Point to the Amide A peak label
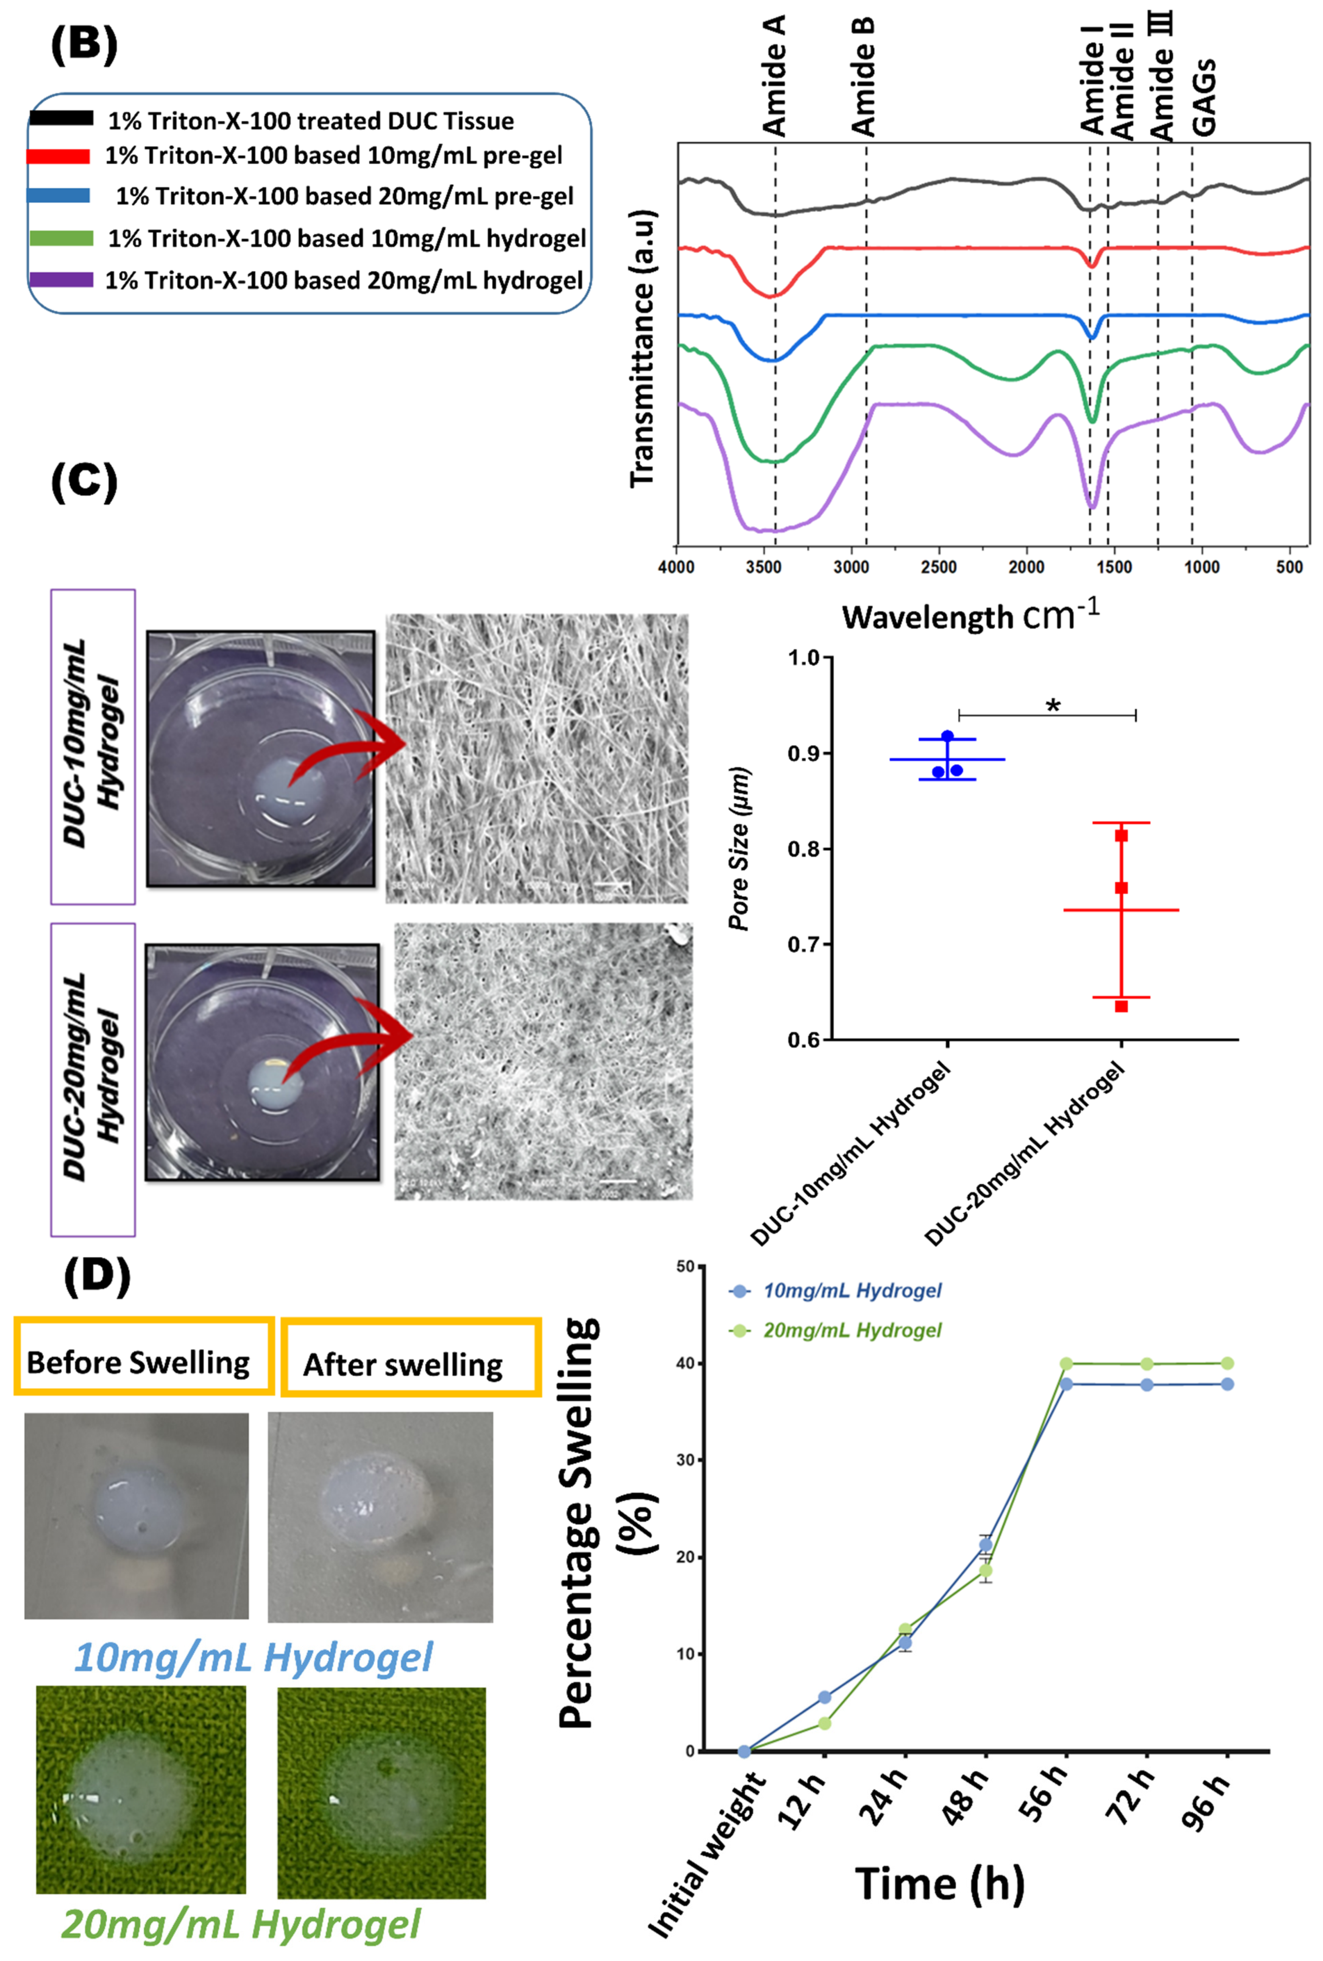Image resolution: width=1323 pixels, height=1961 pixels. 774,76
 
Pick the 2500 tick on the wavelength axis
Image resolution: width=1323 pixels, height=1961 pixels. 938,567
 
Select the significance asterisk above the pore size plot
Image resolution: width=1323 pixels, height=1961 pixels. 1053,705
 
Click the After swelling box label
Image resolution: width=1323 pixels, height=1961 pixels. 403,1365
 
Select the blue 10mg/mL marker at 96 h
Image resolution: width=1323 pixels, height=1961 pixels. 1228,1384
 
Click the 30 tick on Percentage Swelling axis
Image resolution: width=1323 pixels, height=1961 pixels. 689,1460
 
